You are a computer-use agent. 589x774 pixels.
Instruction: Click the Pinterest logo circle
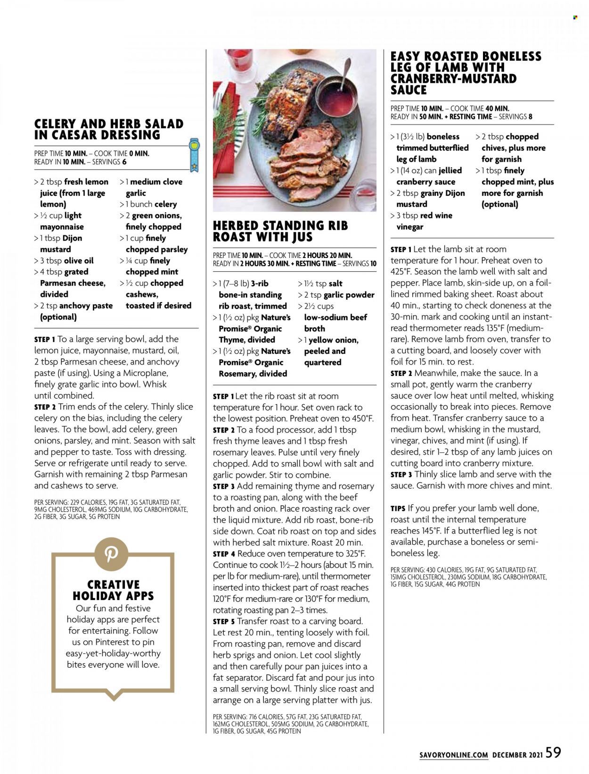(111, 554)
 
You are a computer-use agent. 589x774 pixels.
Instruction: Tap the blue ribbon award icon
(194, 154)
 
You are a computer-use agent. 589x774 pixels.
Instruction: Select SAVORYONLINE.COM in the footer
(453, 755)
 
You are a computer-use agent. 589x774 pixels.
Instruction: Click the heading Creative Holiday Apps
(113, 590)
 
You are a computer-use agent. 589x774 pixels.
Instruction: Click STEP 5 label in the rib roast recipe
(224, 622)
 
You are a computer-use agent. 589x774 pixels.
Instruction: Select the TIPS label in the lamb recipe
(398, 508)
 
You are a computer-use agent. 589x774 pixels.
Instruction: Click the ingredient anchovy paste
(89, 306)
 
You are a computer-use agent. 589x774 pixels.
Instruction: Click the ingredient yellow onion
(334, 340)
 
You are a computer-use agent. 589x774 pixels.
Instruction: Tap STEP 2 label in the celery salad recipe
(45, 407)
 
